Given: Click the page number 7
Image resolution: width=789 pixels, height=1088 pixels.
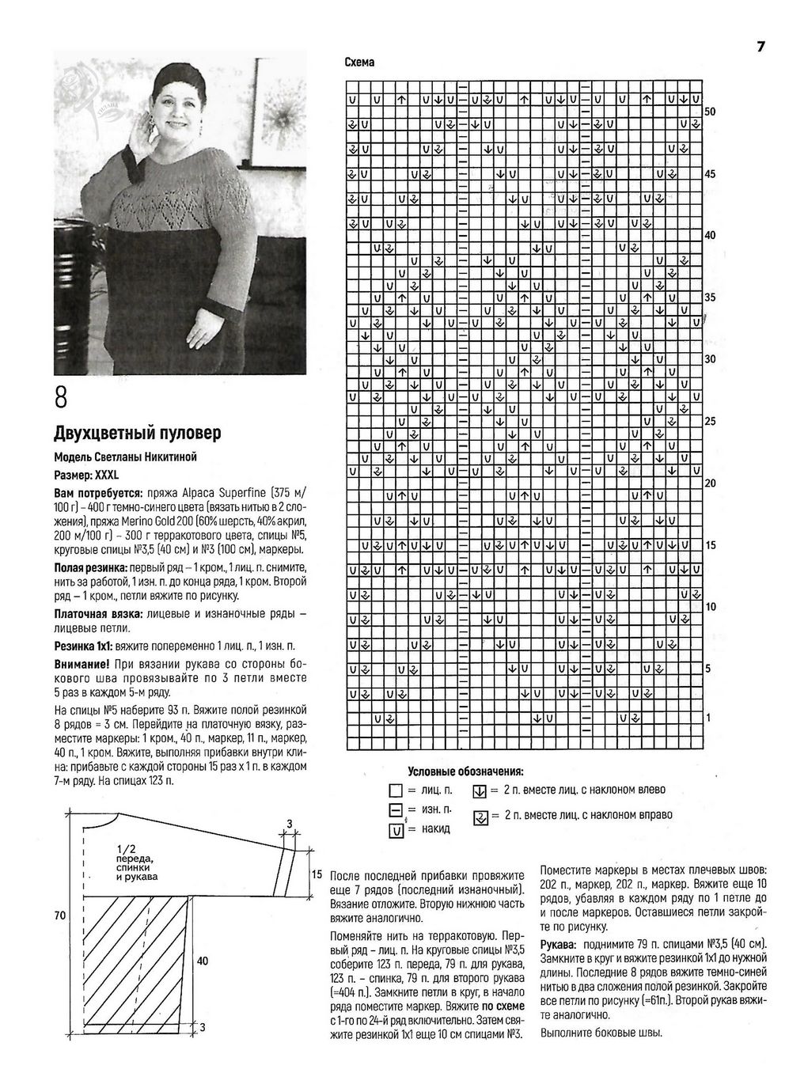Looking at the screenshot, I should point(761,47).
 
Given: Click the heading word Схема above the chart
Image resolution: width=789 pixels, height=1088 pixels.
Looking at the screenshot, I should point(359,63).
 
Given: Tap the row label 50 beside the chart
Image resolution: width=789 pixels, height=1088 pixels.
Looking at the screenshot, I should point(710,112).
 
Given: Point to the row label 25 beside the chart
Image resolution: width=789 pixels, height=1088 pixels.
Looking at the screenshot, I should point(710,421).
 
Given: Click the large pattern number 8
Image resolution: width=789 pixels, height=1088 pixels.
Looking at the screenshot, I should point(63,397).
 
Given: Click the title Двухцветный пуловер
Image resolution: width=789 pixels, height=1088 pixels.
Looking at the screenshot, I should point(136,434).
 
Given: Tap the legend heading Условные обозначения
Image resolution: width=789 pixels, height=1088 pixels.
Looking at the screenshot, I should point(466,771).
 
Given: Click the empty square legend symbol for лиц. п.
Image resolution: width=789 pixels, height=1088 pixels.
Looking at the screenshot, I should point(396,791).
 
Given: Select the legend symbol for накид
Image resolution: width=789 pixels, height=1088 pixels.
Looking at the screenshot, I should point(396,830).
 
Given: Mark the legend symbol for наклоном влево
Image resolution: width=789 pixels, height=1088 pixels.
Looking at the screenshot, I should point(479,790).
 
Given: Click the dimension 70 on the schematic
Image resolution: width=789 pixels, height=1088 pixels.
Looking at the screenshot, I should point(60,915).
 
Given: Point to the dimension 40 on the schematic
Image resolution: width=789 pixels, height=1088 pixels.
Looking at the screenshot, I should point(203,961).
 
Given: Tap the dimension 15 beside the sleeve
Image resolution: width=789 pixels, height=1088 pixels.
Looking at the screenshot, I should point(316,874).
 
